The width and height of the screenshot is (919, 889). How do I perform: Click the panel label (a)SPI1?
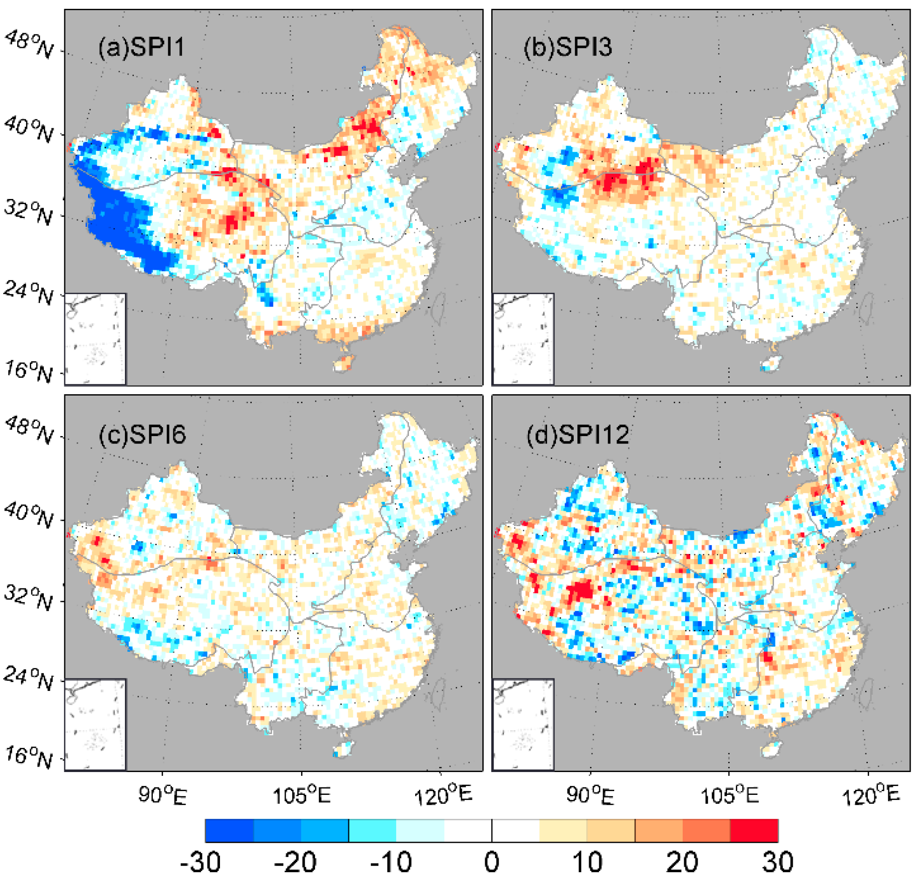coord(141,48)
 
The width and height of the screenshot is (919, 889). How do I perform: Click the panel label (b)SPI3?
coord(568,48)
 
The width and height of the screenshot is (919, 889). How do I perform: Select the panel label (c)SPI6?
coord(142,434)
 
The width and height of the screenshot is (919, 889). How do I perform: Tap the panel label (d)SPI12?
coord(577,434)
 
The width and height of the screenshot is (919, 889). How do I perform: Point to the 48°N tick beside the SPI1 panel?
coord(29,45)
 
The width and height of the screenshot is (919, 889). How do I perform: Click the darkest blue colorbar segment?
coord(229,830)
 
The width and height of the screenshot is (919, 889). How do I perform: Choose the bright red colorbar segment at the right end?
coord(754,830)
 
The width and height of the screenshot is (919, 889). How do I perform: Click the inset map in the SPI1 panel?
coord(95,339)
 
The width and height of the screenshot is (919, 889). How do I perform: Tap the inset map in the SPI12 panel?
coord(523,725)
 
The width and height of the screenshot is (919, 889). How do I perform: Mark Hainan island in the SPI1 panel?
coord(344,363)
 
